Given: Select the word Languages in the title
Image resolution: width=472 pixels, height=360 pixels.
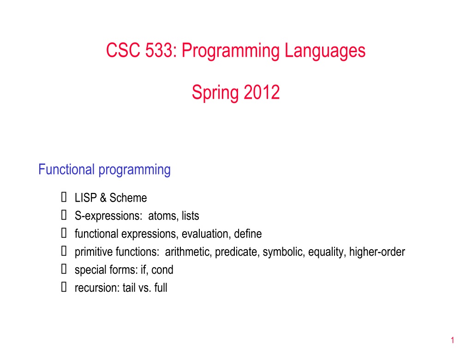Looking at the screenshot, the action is tap(325, 51).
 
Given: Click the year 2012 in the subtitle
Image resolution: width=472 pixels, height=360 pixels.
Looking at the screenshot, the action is tap(262, 92).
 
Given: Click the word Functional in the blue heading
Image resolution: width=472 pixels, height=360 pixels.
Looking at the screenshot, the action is tap(66, 169).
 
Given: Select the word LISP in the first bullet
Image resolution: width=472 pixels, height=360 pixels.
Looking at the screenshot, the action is tap(86, 198).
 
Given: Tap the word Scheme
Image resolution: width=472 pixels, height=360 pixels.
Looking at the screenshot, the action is tap(128, 198).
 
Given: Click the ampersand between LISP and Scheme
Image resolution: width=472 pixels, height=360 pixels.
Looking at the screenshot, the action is tap(103, 198).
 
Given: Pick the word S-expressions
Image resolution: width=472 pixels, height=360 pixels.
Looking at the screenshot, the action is tap(108, 216).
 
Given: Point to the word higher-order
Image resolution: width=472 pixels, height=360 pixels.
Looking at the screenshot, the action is tap(377, 252).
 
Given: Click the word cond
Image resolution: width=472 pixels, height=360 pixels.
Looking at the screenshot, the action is tap(162, 270).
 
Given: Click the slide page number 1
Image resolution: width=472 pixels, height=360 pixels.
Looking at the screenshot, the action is tap(453, 340).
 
